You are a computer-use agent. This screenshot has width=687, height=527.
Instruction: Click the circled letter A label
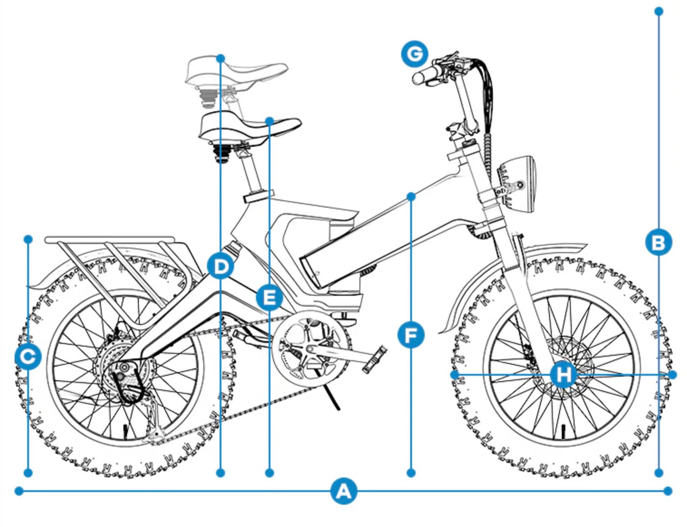click(x=343, y=491)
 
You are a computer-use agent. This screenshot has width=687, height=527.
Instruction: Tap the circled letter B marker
click(x=658, y=242)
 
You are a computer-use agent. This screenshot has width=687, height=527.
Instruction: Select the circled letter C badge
click(x=28, y=357)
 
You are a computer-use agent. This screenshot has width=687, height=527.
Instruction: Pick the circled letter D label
click(x=221, y=266)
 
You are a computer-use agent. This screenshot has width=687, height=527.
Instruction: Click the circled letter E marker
click(x=270, y=298)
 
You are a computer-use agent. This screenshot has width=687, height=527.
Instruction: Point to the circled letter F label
click(x=411, y=336)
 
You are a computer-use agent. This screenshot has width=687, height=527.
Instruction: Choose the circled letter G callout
click(x=414, y=54)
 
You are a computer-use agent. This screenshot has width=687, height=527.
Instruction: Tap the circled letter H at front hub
click(x=564, y=375)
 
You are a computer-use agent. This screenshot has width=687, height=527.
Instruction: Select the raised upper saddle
click(x=236, y=73)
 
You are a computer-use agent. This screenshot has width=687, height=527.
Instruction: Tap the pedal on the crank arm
click(x=375, y=359)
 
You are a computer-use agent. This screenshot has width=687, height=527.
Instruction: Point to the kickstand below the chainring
click(x=334, y=398)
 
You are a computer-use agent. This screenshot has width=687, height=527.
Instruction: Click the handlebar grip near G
click(x=427, y=75)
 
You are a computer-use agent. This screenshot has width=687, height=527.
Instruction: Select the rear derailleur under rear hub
click(x=152, y=423)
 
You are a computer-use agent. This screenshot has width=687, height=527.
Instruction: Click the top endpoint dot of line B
click(x=659, y=11)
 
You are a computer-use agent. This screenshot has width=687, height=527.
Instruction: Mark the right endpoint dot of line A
click(x=667, y=491)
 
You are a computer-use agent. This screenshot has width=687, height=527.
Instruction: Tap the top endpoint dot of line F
click(x=411, y=197)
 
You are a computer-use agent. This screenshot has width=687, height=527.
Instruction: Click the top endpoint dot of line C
click(x=28, y=239)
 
